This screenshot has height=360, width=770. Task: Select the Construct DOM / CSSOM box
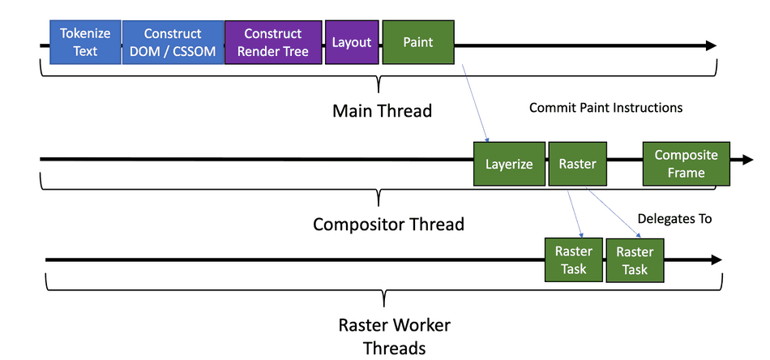click(173, 42)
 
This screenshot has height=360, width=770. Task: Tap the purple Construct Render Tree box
click(272, 42)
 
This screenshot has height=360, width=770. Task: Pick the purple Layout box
click(352, 42)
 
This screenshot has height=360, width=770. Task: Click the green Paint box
click(418, 42)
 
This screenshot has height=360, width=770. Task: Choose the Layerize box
click(509, 164)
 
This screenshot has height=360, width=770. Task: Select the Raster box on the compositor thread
click(577, 164)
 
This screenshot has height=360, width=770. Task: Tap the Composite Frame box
click(686, 164)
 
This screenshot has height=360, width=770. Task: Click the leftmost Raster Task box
click(574, 260)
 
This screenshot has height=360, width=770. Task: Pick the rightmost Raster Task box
click(635, 260)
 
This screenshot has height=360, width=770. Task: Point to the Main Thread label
click(382, 111)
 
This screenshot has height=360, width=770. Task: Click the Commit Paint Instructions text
click(605, 107)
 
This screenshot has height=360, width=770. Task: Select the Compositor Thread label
click(388, 224)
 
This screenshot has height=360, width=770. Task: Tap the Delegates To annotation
click(674, 218)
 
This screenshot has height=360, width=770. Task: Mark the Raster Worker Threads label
click(394, 336)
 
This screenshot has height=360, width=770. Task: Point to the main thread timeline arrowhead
click(711, 45)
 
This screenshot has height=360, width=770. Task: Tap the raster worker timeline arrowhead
click(716, 259)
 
